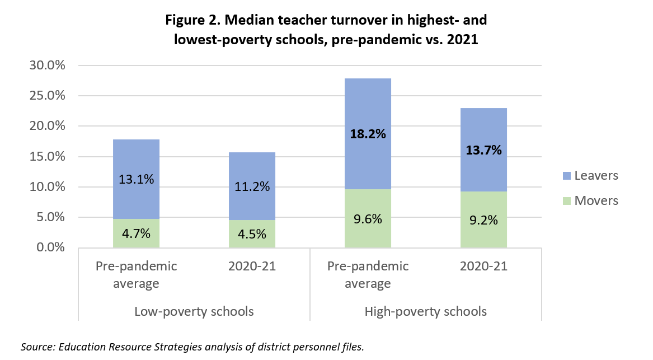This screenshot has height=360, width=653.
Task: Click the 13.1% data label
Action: coord(137,179)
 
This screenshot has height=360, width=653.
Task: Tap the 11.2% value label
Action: coord(252,187)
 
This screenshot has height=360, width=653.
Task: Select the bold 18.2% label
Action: coord(368,134)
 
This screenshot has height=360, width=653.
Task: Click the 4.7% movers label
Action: coord(137,234)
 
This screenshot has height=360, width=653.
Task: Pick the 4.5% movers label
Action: coord(252,235)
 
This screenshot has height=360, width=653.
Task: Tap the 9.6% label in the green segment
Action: coord(368,219)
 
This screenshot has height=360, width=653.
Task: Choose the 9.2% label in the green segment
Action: coord(483,221)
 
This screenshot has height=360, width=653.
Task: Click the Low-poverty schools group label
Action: coord(194,311)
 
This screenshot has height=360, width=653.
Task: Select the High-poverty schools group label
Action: coord(425,311)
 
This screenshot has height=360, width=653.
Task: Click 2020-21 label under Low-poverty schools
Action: coord(252,267)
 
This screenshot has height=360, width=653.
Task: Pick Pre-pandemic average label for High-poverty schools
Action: coord(368,274)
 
